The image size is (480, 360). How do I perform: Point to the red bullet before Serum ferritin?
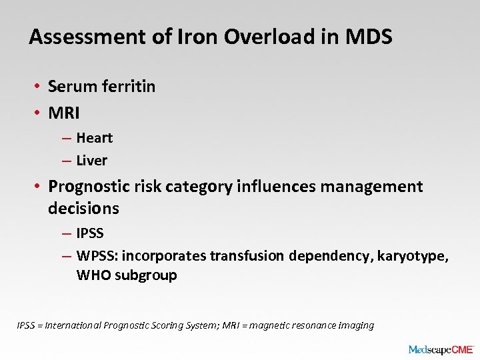[40, 87]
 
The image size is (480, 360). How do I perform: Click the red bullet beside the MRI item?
[40, 113]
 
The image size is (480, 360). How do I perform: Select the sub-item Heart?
[95, 138]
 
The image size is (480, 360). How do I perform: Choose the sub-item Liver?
[92, 160]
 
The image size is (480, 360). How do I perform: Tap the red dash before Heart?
[67, 139]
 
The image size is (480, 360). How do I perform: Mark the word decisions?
[83, 208]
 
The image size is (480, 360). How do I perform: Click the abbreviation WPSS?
[96, 256]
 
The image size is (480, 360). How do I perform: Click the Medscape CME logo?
[441, 349]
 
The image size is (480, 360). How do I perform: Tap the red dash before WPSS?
[67, 257]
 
